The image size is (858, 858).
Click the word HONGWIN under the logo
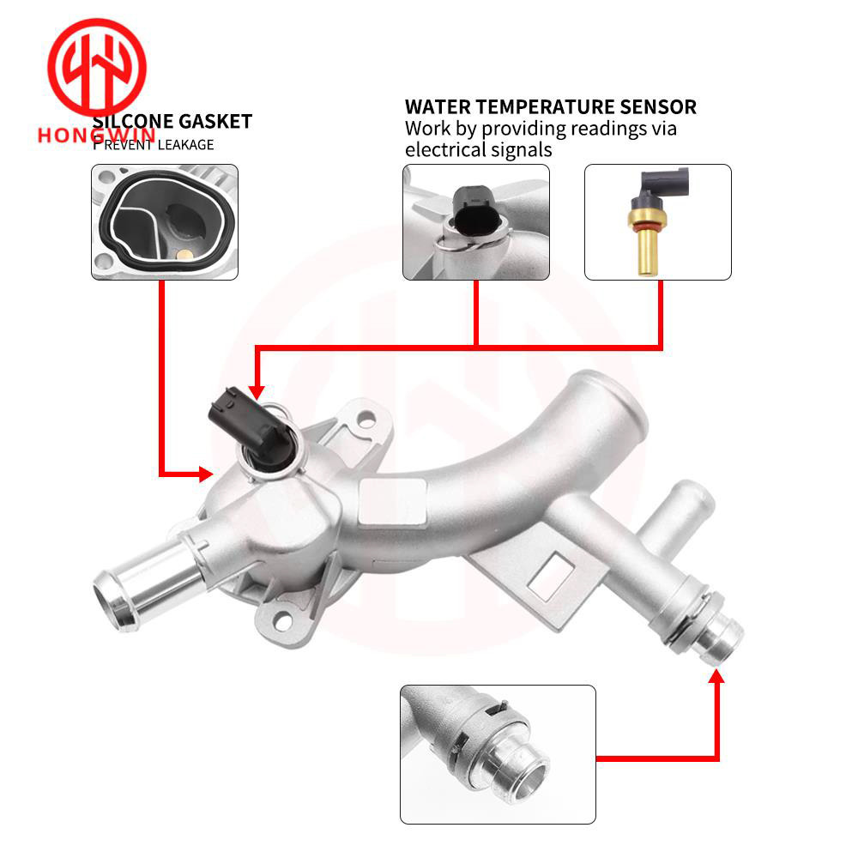(96, 136)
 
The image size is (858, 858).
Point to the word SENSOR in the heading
(661, 107)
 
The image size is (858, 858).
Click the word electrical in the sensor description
(449, 149)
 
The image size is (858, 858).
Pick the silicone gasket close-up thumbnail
(165, 222)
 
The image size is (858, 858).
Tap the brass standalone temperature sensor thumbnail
(657, 222)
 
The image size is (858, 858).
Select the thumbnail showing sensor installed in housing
(475, 222)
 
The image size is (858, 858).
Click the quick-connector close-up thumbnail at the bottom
(498, 754)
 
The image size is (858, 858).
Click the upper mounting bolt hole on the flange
(367, 420)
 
